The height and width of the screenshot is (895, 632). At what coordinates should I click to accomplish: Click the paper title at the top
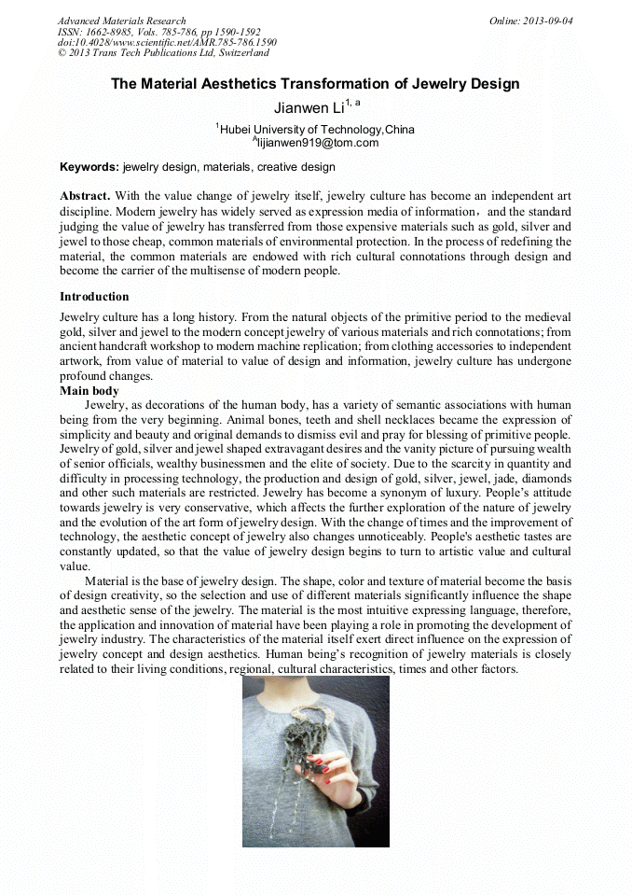[x=315, y=84]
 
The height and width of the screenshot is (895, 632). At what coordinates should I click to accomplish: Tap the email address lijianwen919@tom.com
[x=317, y=143]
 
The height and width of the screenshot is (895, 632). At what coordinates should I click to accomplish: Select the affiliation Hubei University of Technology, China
[x=316, y=130]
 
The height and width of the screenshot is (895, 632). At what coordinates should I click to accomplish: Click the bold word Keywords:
[x=89, y=167]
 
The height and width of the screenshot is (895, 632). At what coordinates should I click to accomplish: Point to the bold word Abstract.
[x=85, y=196]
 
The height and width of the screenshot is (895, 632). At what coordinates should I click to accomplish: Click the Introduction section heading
[x=94, y=297]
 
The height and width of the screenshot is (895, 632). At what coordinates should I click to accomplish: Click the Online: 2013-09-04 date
[x=530, y=21]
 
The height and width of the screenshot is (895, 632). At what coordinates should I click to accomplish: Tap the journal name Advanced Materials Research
[x=121, y=21]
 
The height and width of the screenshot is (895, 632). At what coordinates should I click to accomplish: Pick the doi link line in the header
[x=167, y=43]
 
